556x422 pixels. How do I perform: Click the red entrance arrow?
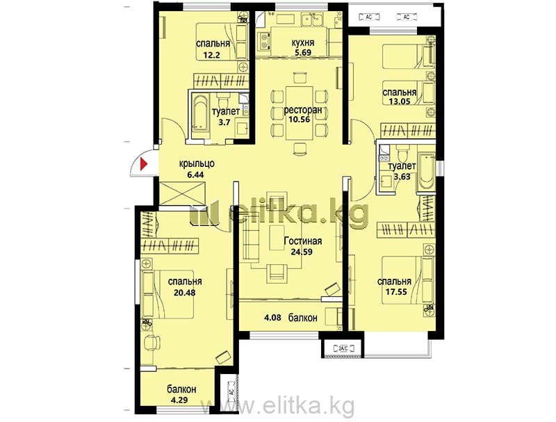coord(144,164)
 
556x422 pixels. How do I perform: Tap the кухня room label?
coord(303,43)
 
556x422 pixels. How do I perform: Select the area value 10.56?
coord(300,119)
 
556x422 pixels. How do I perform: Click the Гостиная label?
coord(303,241)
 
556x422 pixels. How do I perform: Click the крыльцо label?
coord(197,164)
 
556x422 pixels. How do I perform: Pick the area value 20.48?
coord(184,293)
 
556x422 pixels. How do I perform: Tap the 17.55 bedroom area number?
coord(395,292)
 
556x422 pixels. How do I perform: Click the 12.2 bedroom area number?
coord(212,56)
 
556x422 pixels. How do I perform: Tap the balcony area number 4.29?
coord(179,400)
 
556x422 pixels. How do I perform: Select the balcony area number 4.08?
coord(272,317)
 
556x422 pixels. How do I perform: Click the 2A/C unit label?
coord(342,348)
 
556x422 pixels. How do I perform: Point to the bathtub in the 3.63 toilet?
coord(426,172)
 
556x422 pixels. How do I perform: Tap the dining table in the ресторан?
coord(300,113)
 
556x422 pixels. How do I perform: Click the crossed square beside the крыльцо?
coord(183,193)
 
